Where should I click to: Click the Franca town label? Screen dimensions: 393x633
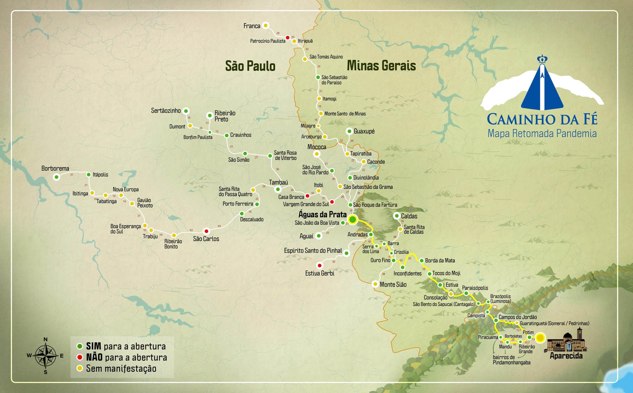click(252, 26)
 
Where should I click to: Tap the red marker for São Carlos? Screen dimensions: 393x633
click(206, 231)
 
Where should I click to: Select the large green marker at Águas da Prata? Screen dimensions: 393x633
click(353, 220)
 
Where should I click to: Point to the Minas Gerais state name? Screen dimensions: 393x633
click(381, 66)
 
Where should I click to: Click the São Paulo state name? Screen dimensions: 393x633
click(250, 66)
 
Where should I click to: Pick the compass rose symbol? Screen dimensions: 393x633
click(46, 355)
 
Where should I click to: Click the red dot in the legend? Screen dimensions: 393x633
click(80, 357)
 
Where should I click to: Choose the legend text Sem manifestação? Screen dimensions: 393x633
click(121, 369)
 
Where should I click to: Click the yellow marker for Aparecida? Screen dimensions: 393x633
click(540, 338)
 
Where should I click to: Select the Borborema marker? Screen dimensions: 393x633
click(56, 177)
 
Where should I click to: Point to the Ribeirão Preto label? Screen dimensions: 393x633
click(225, 116)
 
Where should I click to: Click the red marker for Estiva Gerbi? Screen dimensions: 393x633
click(319, 265)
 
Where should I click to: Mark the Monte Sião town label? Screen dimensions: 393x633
click(393, 284)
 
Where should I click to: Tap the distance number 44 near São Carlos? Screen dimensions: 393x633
click(219, 226)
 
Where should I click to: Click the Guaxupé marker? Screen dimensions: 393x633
click(349, 131)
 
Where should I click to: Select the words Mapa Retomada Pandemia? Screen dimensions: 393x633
click(542, 133)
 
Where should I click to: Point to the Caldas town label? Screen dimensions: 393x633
click(409, 216)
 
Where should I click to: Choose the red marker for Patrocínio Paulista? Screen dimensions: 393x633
click(288, 38)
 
